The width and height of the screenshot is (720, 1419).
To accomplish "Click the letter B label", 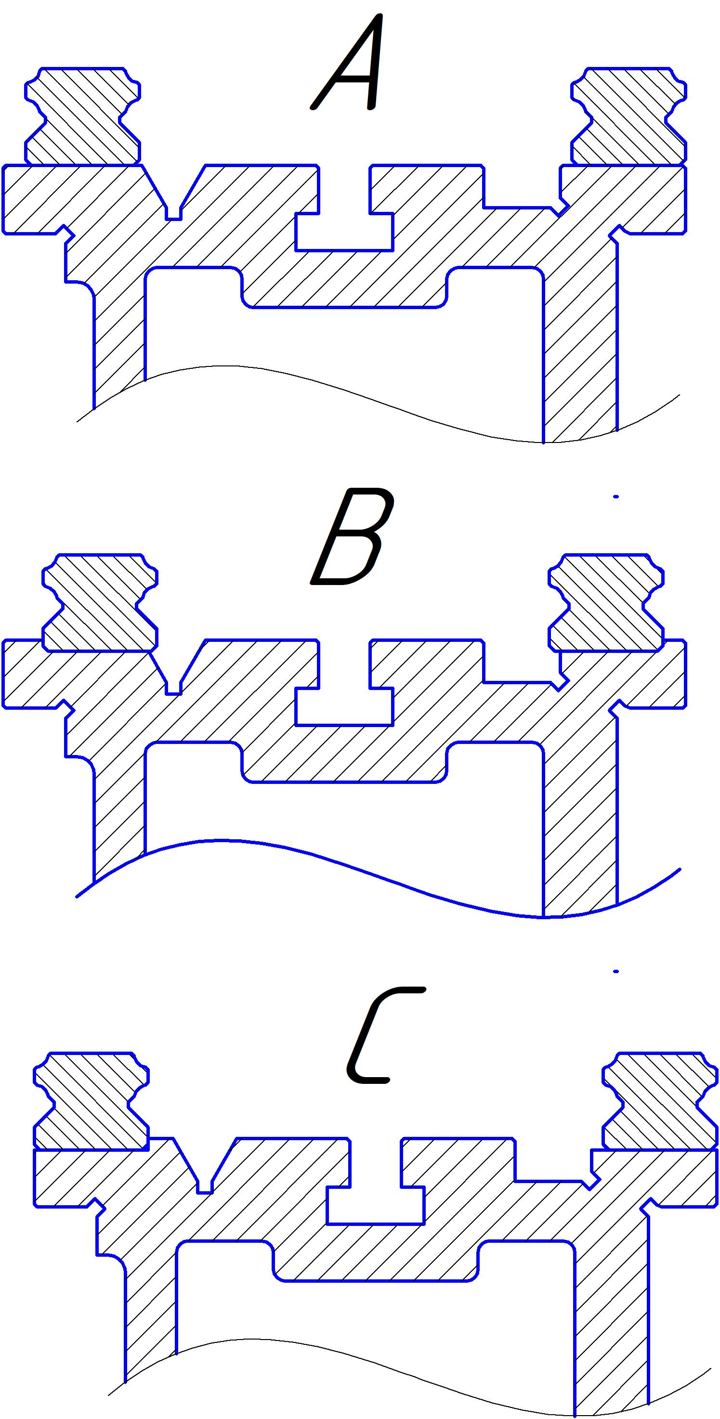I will pos(352,537).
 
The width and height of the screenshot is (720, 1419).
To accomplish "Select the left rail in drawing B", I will pos(100,603).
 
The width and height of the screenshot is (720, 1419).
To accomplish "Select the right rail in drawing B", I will pos(606,603).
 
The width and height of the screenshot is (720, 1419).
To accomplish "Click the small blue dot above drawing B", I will pos(616,497).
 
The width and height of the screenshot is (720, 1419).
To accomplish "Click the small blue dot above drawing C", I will pos(616,972).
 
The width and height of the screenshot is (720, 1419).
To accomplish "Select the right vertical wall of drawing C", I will pos(612,1322).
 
